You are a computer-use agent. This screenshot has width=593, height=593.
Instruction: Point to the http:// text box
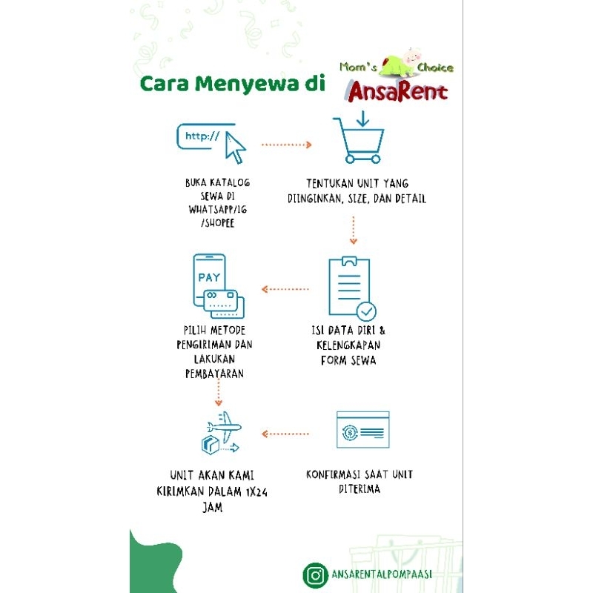pos(202,136)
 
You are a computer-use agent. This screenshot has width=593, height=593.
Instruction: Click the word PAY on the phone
pos(209,278)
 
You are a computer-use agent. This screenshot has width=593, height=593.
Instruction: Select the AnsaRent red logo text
pos(397,92)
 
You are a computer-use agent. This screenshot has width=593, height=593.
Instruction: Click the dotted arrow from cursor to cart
pos(287,145)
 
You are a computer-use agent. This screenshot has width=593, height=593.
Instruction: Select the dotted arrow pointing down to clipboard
pos(354,230)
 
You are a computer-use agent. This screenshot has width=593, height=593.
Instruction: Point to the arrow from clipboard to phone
pos(285,289)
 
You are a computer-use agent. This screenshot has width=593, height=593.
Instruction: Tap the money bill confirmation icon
pos(363,429)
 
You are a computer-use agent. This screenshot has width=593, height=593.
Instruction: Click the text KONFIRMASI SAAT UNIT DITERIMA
pos(360,481)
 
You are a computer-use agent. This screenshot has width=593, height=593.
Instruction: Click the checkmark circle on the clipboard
pos(366,310)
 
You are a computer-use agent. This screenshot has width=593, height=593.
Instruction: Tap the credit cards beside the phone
pos(224,300)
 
